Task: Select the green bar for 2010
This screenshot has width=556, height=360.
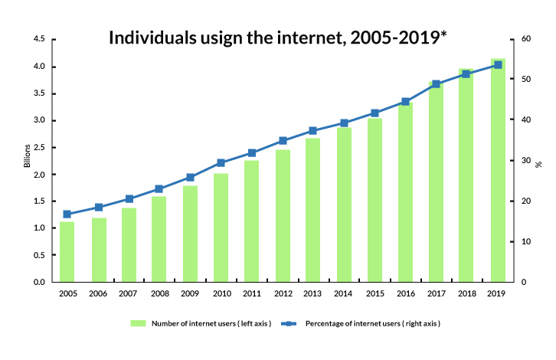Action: (x=221, y=227)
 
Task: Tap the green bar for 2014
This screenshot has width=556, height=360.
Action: (x=344, y=205)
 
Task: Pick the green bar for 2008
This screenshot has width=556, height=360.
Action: (x=159, y=239)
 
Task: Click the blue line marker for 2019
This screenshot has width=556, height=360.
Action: (x=498, y=65)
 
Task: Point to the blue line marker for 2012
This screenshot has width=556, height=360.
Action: (x=283, y=141)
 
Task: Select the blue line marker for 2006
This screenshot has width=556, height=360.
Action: (x=98, y=207)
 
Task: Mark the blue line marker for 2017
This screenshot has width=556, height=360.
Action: (x=436, y=84)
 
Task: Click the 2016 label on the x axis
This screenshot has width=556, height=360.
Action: (x=405, y=293)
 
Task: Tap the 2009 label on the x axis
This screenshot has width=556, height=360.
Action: (x=190, y=293)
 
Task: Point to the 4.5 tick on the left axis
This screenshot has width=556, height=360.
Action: (x=39, y=39)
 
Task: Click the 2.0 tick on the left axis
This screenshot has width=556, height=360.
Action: (x=39, y=175)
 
